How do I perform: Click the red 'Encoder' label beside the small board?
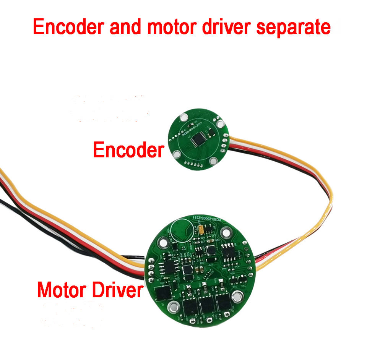pos(128,150)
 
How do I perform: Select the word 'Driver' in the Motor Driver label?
pos(116,290)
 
